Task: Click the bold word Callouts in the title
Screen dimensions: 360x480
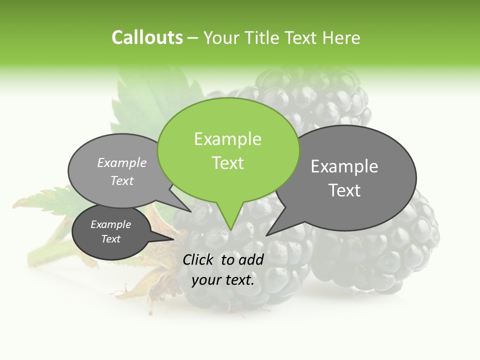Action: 147,37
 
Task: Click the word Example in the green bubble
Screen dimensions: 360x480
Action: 227,139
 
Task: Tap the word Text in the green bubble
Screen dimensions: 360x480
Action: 227,163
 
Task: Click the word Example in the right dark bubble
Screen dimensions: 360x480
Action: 344,166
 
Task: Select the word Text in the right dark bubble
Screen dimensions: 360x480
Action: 344,190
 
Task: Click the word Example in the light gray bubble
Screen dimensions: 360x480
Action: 122,162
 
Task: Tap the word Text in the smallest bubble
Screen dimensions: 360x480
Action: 110,239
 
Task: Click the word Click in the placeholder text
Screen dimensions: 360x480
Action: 198,259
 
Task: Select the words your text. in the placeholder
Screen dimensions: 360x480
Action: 222,280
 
